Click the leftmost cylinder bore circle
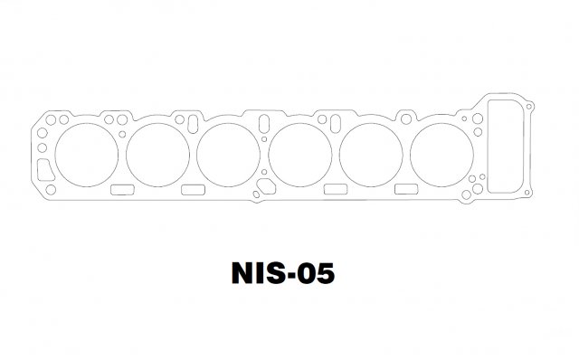55,155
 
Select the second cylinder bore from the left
127,155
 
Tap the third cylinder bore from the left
197,155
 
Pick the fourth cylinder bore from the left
269,155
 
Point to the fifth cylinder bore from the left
340,155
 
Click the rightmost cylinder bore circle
410,155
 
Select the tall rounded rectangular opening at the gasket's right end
489,147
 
